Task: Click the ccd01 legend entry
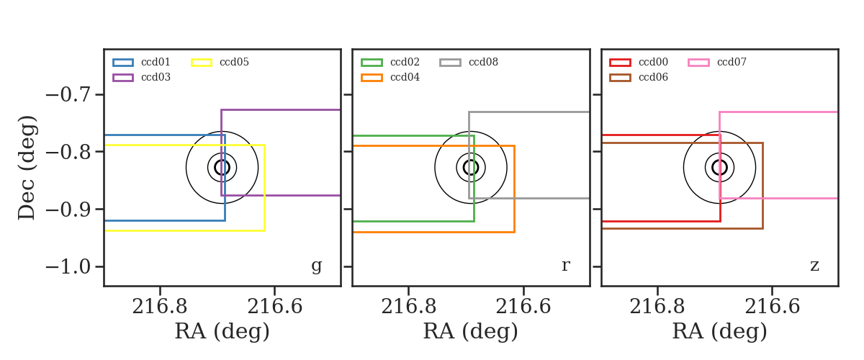142,62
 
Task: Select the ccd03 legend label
156,77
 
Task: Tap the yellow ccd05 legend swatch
202,63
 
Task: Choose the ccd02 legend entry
390,62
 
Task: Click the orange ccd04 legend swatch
372,78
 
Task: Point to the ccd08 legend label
483,62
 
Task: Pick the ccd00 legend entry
639,62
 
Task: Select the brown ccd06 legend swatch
620,78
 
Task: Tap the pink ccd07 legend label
732,62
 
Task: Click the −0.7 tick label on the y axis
68,95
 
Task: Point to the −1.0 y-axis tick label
68,267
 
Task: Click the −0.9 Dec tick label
68,210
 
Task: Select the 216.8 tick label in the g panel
160,307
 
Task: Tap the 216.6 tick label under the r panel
523,307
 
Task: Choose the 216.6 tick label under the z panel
772,307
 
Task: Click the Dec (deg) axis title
27,168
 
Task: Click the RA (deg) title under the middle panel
471,331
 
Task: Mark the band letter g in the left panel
317,266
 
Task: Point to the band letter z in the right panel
814,266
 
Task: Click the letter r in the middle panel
565,266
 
